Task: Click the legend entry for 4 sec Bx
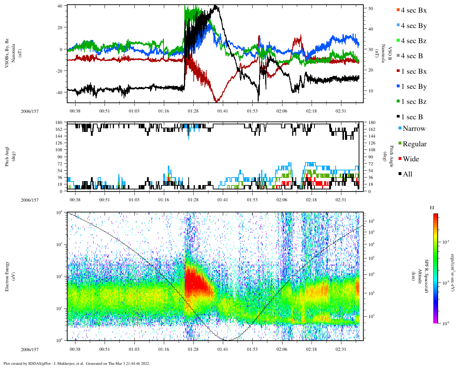413,10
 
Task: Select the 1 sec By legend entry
413,87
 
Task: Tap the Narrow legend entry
414,129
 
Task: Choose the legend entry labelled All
407,174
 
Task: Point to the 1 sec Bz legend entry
413,102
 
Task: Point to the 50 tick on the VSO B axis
371,9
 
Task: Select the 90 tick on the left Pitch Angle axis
60,157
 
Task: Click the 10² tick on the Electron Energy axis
60,276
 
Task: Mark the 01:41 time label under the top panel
222,111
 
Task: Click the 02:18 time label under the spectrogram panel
311,349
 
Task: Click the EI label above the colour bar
432,208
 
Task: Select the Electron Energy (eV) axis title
7,276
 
